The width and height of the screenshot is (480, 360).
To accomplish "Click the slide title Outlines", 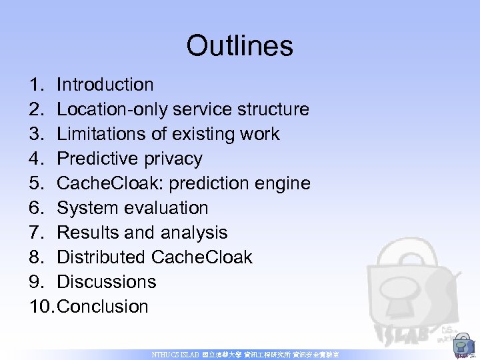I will click(239, 46).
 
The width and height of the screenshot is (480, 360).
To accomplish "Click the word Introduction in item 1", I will click(105, 85).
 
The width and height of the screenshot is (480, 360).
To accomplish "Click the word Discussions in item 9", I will click(107, 282).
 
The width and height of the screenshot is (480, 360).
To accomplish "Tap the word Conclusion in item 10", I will click(103, 307).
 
